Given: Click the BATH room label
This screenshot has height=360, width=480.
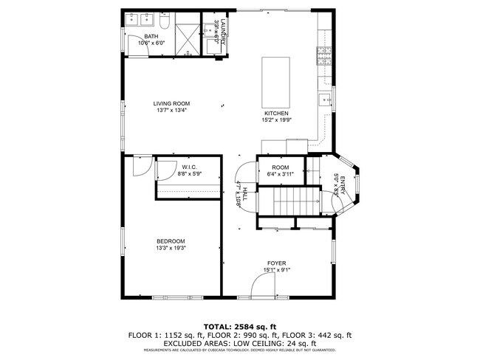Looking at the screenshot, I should pyautogui.click(x=151, y=36).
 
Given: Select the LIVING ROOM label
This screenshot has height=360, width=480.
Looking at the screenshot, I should pyautogui.click(x=172, y=103).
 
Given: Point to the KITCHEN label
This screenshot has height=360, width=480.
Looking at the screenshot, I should pyautogui.click(x=276, y=114).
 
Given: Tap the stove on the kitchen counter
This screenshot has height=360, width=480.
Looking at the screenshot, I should pyautogui.click(x=323, y=53).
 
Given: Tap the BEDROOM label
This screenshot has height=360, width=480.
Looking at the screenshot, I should pyautogui.click(x=171, y=241).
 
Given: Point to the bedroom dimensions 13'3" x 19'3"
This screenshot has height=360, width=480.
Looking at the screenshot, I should pyautogui.click(x=171, y=249).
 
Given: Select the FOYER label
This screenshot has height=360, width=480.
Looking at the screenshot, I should pyautogui.click(x=277, y=263).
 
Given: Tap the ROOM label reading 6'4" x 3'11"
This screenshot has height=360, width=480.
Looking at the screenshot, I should pyautogui.click(x=280, y=167).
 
